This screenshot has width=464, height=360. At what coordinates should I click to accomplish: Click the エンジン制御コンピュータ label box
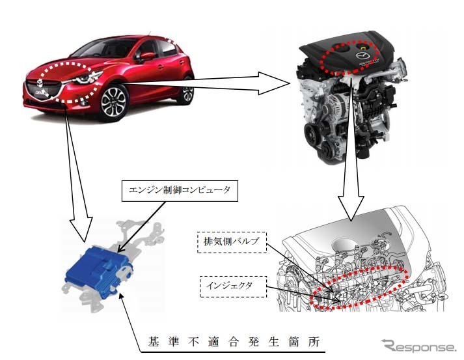[x=180, y=191]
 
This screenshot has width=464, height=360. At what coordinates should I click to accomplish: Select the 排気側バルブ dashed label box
[x=232, y=242]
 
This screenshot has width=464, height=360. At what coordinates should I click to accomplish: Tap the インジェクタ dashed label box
[x=233, y=286]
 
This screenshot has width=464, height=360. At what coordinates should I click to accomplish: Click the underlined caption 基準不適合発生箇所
[x=234, y=342]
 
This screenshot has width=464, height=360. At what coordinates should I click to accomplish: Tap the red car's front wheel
[x=113, y=102]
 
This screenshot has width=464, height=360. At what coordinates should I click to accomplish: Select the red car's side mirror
[x=146, y=56]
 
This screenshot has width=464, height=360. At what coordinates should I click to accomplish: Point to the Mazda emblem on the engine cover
[x=362, y=55]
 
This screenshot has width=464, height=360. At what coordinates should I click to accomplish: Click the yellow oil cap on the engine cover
[x=363, y=47]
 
